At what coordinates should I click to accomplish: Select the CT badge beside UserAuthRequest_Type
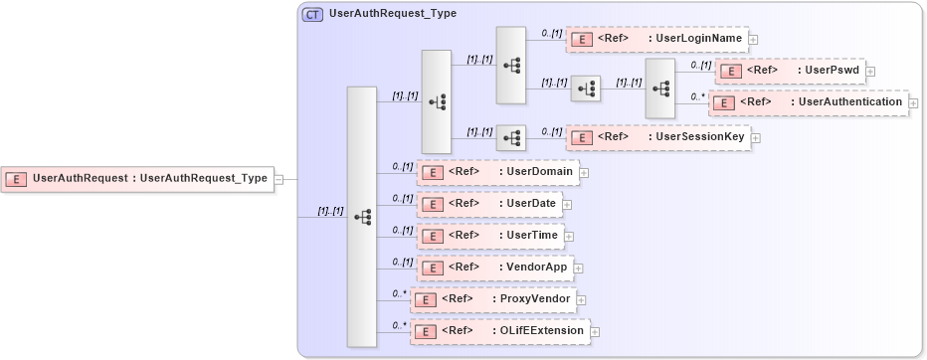[x=313, y=14]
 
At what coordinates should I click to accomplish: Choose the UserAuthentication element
[x=807, y=102]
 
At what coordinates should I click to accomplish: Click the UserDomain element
[x=497, y=172]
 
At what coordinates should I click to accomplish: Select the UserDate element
[x=489, y=204]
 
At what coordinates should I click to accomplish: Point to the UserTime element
[x=490, y=236]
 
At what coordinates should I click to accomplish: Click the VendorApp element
[x=493, y=268]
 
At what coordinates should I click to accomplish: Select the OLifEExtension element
[x=500, y=331]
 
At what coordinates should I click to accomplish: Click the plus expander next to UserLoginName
[x=753, y=40]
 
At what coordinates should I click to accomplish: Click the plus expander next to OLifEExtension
[x=595, y=331]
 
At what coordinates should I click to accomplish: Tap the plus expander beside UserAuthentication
[x=913, y=102]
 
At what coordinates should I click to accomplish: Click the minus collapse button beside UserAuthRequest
[x=279, y=179]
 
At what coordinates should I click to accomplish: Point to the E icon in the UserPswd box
[x=731, y=72]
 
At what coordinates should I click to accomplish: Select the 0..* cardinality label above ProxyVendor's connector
[x=399, y=294]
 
